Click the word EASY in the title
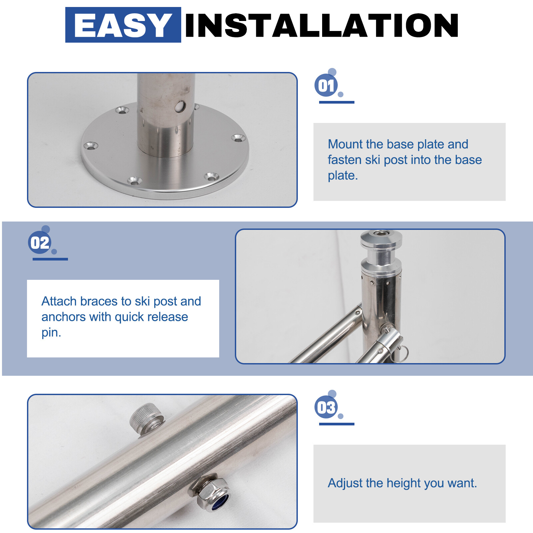(x=123, y=25)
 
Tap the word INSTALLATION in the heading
(x=322, y=25)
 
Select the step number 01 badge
(x=326, y=85)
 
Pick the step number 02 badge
(x=40, y=243)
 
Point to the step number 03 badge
(x=326, y=407)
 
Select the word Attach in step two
(x=59, y=301)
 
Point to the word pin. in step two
(x=51, y=333)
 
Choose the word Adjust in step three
(x=345, y=483)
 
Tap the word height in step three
(x=402, y=483)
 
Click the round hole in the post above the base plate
(x=180, y=107)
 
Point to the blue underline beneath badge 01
(x=336, y=102)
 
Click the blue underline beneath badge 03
(x=336, y=424)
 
